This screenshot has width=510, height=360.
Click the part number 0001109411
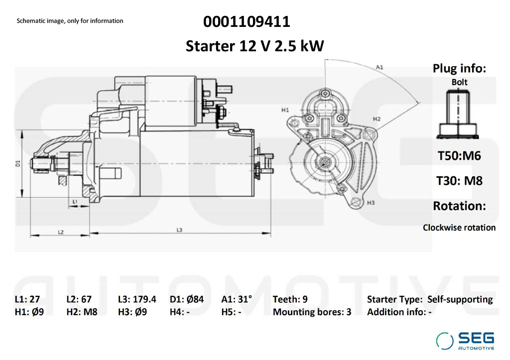point(247,22)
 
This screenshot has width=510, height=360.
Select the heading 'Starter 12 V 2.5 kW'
point(255,46)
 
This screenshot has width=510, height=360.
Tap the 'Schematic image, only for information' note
point(70,21)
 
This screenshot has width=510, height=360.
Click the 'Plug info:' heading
point(459,69)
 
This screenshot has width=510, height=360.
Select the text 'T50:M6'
point(459,156)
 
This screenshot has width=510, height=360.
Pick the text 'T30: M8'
point(459,180)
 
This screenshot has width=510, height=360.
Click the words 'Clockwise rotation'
point(459,228)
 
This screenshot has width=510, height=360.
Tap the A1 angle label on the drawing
point(380,66)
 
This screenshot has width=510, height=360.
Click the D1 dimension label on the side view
point(17,163)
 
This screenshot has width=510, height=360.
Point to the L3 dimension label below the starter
point(179,230)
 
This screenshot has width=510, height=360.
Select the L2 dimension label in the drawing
point(60,232)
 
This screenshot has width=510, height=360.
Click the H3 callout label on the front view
point(370,203)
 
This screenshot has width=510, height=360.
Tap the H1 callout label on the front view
point(285,109)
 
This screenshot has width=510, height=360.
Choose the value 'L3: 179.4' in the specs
point(137,299)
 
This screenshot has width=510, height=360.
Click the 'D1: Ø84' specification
point(187,299)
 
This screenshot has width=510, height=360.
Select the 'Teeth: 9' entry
point(290,299)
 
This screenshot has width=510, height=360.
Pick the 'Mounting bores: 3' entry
point(312,312)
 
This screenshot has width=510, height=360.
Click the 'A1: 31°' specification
point(237,299)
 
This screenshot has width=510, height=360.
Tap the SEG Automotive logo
point(465,341)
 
